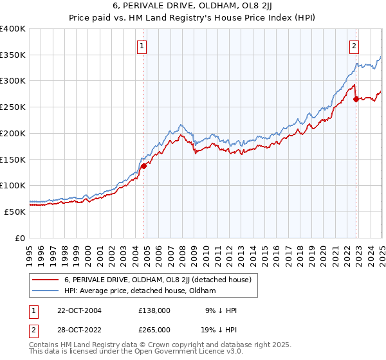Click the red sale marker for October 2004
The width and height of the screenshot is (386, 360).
click(x=144, y=165)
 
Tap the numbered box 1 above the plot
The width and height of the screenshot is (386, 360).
click(x=142, y=46)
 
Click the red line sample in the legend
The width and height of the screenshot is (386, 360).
click(x=46, y=280)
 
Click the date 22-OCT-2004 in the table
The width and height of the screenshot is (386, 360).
click(x=77, y=310)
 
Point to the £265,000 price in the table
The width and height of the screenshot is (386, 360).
click(x=154, y=330)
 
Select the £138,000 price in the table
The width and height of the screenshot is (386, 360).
click(x=154, y=310)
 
